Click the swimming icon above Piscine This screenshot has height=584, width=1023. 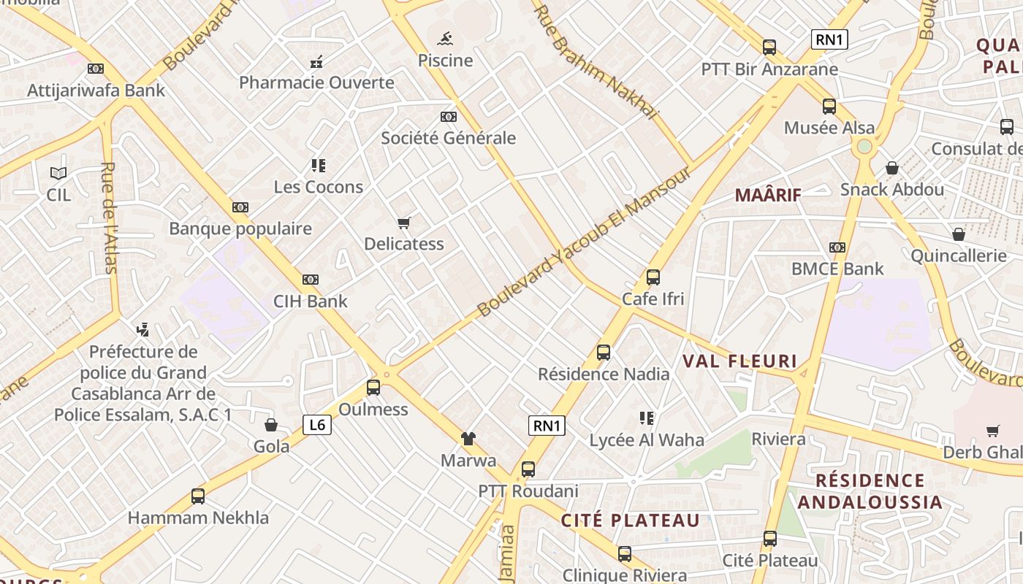pos(445,38)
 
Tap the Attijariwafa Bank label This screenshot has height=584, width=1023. pos(96,91)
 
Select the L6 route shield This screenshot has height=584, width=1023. pos(317,424)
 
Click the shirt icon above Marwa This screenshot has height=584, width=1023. pos(468,439)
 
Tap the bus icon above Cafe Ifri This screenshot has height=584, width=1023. pos(653,277)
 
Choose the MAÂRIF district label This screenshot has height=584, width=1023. pos(768,195)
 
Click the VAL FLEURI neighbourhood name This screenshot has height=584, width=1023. pos(739,361)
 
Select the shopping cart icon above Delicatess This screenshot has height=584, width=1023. pos(404,223)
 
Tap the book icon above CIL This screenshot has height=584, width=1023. pos(58,173)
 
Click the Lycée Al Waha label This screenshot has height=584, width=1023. pos(647,440)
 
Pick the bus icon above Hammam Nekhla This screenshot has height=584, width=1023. pos(198,496)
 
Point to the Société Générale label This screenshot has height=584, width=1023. pos(448,138)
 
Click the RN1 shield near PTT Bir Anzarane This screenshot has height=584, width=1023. pos(829,39)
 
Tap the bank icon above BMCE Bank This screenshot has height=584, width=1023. pos(837,247)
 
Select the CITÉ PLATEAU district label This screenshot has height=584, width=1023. pos(630,520)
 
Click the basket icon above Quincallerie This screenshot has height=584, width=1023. pos(958,234)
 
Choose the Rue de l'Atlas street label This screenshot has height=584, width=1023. pos(109,218)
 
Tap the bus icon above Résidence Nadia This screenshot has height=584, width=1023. pos(604,353)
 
